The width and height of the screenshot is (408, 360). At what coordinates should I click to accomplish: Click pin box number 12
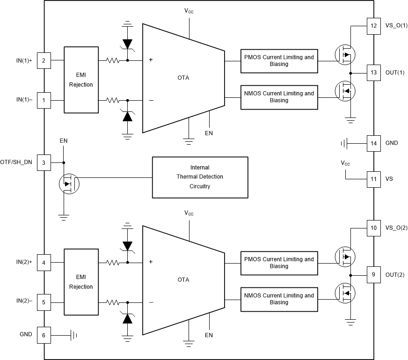[x=373, y=26]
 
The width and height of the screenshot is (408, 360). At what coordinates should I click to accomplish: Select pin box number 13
[x=373, y=73]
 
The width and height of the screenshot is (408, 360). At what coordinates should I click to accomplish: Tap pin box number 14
[x=373, y=143]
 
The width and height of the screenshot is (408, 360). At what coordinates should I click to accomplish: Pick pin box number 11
[x=373, y=179]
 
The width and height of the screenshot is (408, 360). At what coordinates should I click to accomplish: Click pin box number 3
[x=44, y=162]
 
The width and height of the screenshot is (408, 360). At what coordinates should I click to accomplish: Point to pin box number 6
[x=44, y=335]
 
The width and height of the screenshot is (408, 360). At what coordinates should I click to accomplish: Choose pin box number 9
[x=373, y=275]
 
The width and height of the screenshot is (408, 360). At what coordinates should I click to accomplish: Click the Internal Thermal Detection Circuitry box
[x=200, y=177]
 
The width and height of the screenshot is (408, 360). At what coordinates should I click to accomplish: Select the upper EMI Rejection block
[x=81, y=80]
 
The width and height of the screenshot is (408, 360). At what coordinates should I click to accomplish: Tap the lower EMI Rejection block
[x=81, y=282]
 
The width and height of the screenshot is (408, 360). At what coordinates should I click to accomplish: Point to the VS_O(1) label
[x=396, y=26]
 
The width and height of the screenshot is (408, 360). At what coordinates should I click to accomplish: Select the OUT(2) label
[x=395, y=275]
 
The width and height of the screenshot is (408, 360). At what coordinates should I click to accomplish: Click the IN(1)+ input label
[x=24, y=60]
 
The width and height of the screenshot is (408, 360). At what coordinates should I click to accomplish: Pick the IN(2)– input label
[x=24, y=302]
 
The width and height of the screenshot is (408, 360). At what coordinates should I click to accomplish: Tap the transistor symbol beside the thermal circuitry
[x=69, y=184]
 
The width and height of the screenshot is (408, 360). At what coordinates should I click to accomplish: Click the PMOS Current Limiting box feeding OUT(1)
[x=279, y=61]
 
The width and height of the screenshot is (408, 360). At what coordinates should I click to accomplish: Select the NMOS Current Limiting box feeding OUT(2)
[x=279, y=299]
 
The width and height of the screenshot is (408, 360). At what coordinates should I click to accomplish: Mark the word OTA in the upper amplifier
[x=183, y=78]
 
